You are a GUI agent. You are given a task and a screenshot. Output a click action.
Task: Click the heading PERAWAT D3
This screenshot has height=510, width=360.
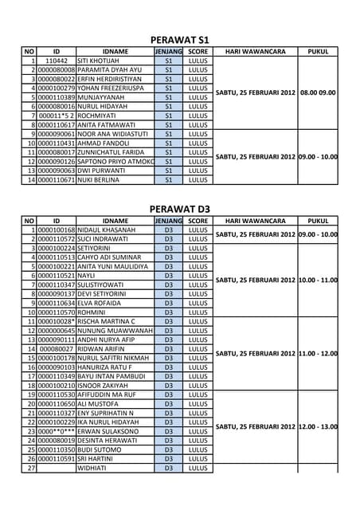coord(180,209)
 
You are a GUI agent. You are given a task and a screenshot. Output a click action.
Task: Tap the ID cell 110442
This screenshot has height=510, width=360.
coord(57,60)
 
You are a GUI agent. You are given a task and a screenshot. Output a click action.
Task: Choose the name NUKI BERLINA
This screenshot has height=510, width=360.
coord(100,180)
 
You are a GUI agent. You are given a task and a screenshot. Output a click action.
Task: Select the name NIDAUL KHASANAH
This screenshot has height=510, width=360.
coord(107,230)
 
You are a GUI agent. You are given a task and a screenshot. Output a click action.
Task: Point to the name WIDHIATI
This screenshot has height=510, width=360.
coord(95,469)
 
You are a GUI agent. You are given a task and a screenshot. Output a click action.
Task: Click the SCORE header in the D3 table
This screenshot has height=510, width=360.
coord(198,221)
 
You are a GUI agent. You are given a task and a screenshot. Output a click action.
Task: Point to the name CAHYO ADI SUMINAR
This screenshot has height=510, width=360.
coord(109,257)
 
